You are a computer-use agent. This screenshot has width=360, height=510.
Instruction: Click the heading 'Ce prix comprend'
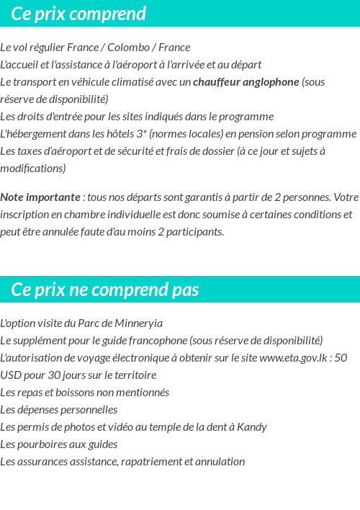[78, 14]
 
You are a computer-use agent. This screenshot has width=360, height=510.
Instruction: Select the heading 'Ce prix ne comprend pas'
[105, 290]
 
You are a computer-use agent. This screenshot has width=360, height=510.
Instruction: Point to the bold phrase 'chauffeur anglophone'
[246, 82]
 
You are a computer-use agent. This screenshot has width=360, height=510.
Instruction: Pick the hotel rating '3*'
[142, 134]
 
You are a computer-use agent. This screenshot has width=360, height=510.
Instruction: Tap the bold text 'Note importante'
[40, 197]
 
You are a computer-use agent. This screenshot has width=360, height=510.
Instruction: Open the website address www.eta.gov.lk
[295, 358]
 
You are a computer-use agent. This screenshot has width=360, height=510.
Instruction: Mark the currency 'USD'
[12, 375]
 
